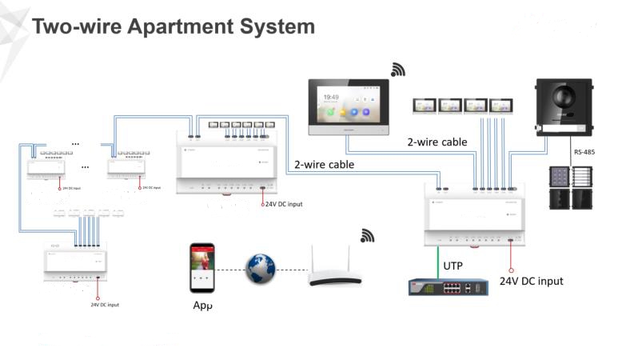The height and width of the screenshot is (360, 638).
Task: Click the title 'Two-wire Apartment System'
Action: [x=173, y=26]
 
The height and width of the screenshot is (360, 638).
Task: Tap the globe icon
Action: [x=261, y=270]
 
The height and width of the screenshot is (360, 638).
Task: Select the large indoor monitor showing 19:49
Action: [x=348, y=104]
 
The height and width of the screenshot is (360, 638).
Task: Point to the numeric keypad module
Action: [x=560, y=178]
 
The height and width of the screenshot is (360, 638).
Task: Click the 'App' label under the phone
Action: [x=203, y=306]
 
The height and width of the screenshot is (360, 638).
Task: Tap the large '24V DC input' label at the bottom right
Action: [x=531, y=281]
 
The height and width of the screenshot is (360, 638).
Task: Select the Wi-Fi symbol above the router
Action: [x=368, y=235]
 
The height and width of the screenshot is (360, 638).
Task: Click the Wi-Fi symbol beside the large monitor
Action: [x=398, y=70]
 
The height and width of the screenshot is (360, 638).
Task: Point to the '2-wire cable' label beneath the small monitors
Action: [x=437, y=142]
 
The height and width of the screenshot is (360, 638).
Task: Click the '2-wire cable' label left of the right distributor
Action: [x=324, y=165]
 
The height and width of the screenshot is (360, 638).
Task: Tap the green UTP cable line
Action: [x=437, y=259]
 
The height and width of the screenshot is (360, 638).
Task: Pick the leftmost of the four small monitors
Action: [x=424, y=104]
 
